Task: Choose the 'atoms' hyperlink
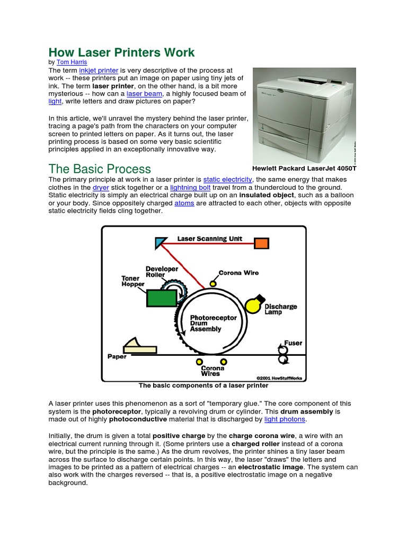tap(184, 203)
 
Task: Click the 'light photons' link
tap(285, 419)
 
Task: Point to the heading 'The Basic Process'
tap(100, 169)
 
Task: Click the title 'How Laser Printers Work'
tap(121, 52)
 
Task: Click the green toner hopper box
tap(162, 297)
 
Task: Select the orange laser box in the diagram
tap(261, 243)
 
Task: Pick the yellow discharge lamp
tap(254, 305)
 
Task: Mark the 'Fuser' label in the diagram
tap(293, 343)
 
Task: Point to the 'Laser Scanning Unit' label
tap(209, 239)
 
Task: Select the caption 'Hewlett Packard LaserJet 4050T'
tap(305, 168)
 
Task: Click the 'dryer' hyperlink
tap(101, 188)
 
